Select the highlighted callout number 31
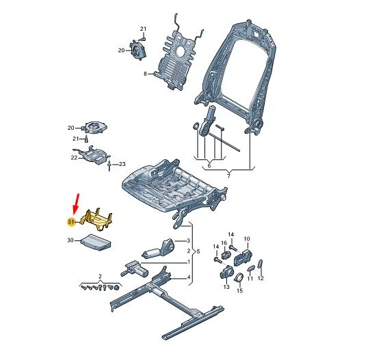[x=70, y=222]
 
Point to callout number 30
[x=70, y=240]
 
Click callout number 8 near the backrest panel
[x=145, y=73]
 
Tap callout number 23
[x=123, y=164]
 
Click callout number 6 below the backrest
[x=209, y=166]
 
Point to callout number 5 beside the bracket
[x=200, y=252]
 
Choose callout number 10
[x=247, y=239]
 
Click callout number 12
[x=261, y=279]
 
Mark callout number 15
[x=239, y=291]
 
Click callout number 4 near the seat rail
[x=188, y=277]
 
